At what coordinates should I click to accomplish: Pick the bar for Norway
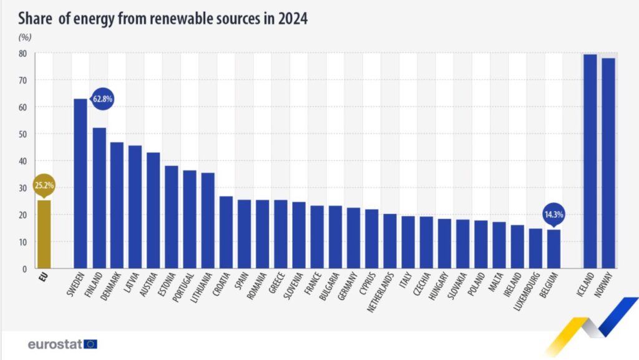(x=608, y=163)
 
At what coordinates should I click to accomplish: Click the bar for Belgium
(x=554, y=249)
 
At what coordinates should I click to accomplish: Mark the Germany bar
(x=353, y=238)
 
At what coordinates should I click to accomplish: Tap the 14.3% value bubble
(x=554, y=213)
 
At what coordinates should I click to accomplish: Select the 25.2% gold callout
(x=43, y=185)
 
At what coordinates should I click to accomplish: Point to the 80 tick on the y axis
(x=22, y=54)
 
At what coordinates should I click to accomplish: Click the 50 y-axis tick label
(x=22, y=134)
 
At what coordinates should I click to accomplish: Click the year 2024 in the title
(x=290, y=19)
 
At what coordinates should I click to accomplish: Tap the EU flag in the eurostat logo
(x=90, y=344)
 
